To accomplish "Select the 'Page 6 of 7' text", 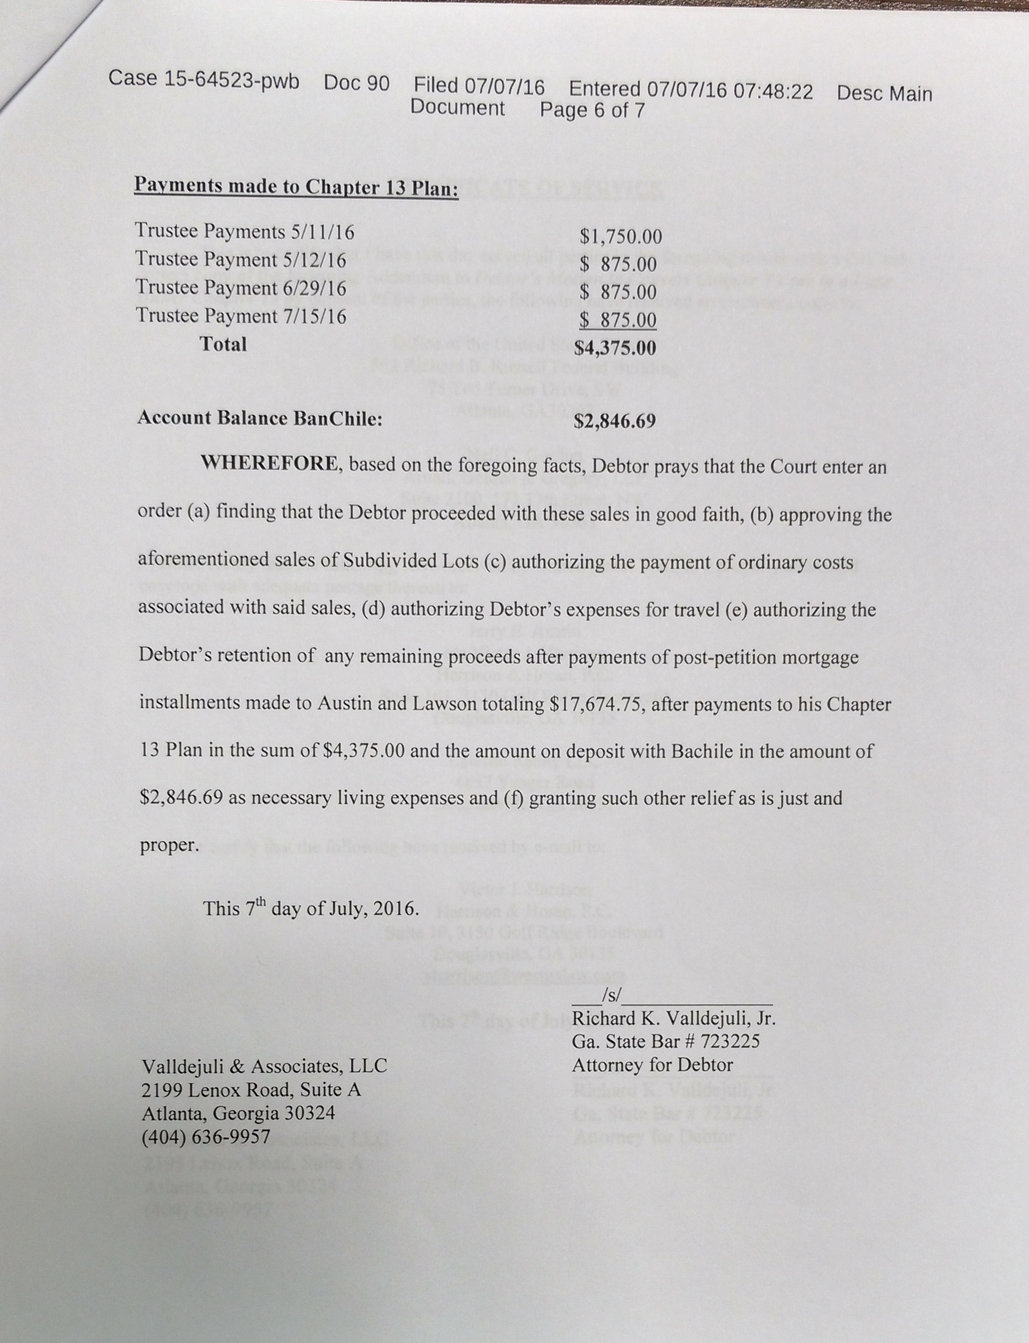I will pos(592,110).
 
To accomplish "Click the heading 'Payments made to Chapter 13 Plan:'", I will pos(296,186).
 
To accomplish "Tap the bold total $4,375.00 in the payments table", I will pos(615,348).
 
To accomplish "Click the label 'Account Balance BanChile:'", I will pos(260,418).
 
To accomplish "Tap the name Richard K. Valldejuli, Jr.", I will pos(673,1019).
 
